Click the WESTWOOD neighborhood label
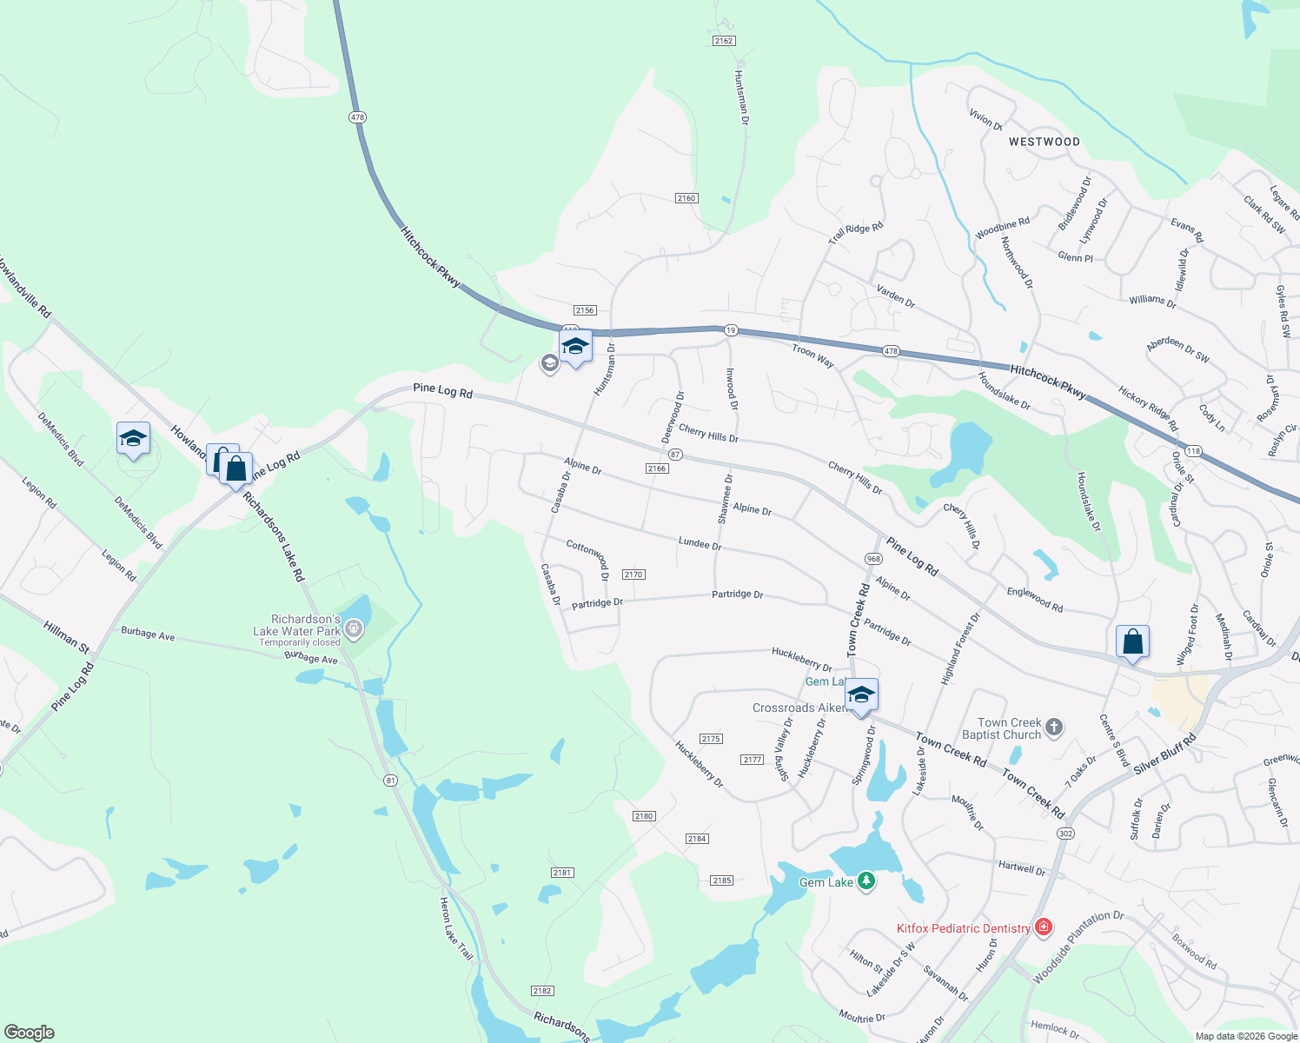(1044, 142)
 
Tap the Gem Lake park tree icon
(866, 881)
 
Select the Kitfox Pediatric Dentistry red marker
(1044, 928)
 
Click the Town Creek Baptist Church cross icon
(1053, 727)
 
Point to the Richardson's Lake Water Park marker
(353, 628)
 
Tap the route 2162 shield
(723, 41)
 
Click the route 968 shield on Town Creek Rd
(873, 559)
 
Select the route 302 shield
(1065, 834)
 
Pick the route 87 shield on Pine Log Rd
(675, 455)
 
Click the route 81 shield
(391, 781)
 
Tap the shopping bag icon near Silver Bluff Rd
(1132, 642)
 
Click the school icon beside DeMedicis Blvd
(133, 438)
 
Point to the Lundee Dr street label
(700, 543)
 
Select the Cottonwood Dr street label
(588, 555)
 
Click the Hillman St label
(66, 636)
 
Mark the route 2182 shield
(542, 991)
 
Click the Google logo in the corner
(29, 1033)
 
